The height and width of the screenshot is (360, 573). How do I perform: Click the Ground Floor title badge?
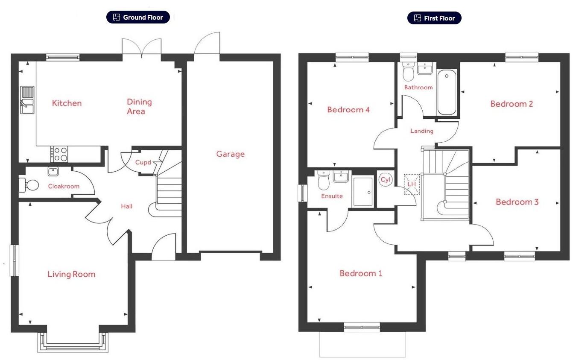[x=138, y=18]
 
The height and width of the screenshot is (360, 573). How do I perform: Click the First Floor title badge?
[x=434, y=18]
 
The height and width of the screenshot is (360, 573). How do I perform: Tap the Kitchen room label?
[x=67, y=103]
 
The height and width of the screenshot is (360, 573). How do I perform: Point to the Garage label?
[x=230, y=154]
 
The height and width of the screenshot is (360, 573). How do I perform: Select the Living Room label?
[x=71, y=274]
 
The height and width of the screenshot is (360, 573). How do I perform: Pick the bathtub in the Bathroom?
[x=447, y=92]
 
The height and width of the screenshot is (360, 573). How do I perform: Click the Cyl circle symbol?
[x=386, y=180]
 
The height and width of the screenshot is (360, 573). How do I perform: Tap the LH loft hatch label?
[x=412, y=184]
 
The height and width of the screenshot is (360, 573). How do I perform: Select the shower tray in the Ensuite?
[x=363, y=192]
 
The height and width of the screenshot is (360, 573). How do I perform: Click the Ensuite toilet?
[x=323, y=182]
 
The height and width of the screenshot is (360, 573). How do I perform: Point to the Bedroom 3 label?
[x=517, y=202]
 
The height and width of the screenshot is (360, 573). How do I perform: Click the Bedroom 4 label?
[x=348, y=110]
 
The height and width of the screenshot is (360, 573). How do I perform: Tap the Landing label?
[x=421, y=131]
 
